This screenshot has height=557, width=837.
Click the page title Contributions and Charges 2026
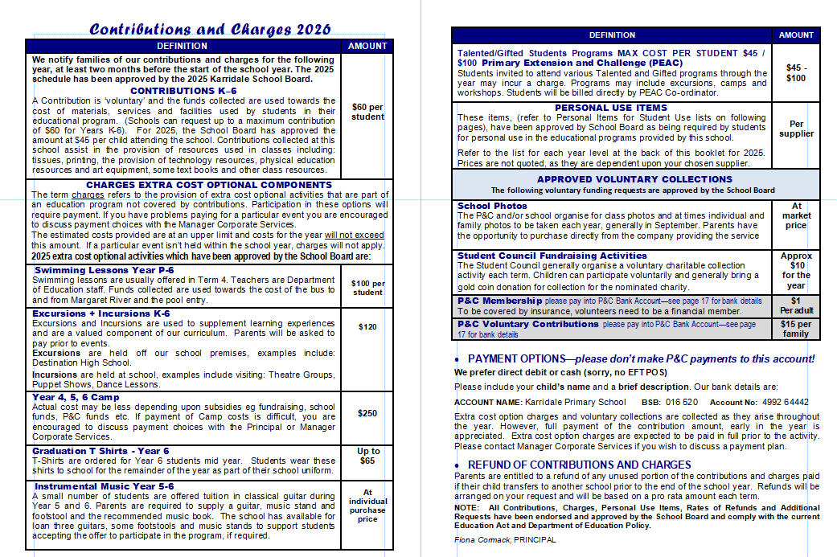click(210, 30)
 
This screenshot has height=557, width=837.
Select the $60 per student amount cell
click(367, 112)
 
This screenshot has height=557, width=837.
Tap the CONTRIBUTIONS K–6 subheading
click(183, 91)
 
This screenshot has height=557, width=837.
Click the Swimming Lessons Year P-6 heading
click(105, 270)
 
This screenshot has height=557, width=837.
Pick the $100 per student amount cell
click(367, 288)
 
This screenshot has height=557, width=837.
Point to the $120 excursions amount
click(367, 327)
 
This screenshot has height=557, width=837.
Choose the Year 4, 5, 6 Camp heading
click(76, 397)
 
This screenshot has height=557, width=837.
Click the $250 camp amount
click(367, 413)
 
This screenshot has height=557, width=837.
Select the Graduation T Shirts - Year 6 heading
click(101, 451)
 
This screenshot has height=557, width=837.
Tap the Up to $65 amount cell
click(367, 457)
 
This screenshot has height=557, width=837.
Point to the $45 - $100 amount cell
click(796, 73)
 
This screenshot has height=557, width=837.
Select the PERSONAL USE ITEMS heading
click(611, 108)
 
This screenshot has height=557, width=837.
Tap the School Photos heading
click(491, 206)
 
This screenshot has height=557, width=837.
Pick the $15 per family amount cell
click(796, 329)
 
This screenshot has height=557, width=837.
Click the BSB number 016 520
click(681, 402)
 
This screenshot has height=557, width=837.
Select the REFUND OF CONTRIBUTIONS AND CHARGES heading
click(579, 465)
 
